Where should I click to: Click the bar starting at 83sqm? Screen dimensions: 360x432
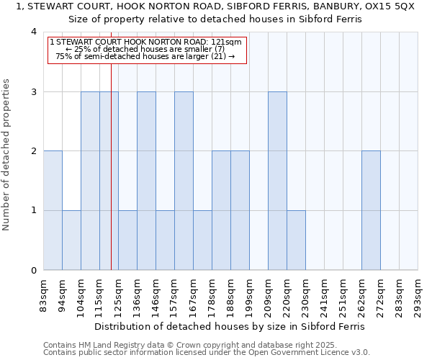pos(53,210)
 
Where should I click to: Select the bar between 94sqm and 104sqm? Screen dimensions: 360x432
pos(71,240)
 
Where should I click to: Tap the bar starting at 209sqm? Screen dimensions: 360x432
pos(277,181)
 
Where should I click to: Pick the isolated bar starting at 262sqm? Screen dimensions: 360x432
pos(371,210)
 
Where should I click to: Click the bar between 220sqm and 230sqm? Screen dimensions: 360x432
pos(296,240)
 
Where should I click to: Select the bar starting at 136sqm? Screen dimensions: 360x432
pos(146,181)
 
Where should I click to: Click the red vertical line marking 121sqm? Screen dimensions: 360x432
pos(111,166)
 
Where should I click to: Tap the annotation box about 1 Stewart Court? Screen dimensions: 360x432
pos(147,50)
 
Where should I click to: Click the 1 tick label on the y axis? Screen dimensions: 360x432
pos(34,211)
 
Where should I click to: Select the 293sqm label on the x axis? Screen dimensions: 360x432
pos(418,295)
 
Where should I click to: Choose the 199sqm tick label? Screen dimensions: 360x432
pos(249,295)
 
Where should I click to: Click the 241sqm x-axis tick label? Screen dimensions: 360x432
pos(324,295)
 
